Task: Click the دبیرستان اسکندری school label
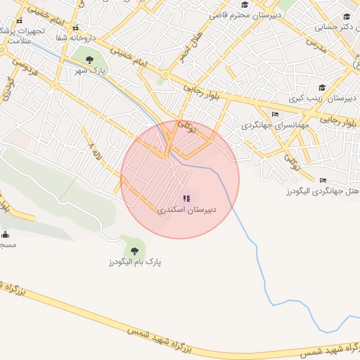(x=186, y=210)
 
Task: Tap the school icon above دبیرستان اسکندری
(x=186, y=199)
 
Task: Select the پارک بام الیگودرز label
(x=134, y=262)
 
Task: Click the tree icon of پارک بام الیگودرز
(x=134, y=250)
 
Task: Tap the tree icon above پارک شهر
(x=89, y=59)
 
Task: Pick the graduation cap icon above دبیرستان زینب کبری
(x=322, y=88)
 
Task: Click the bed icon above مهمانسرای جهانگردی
(x=275, y=114)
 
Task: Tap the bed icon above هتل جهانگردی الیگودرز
(x=323, y=180)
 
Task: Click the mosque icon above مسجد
(x=6, y=234)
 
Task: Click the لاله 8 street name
(x=91, y=150)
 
